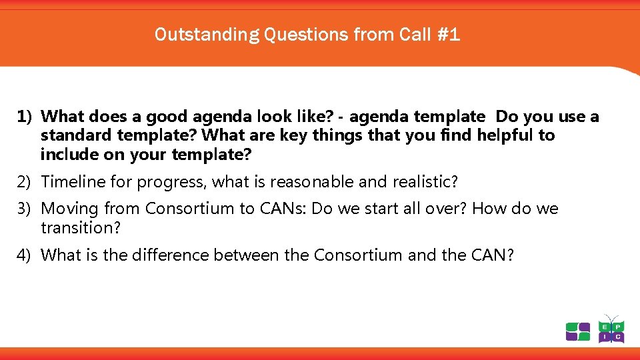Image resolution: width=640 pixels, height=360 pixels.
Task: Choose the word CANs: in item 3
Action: pyautogui.click(x=283, y=209)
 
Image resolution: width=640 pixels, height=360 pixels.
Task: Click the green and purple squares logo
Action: pyautogui.click(x=577, y=331)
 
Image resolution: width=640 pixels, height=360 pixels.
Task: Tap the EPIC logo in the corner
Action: pyautogui.click(x=611, y=329)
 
